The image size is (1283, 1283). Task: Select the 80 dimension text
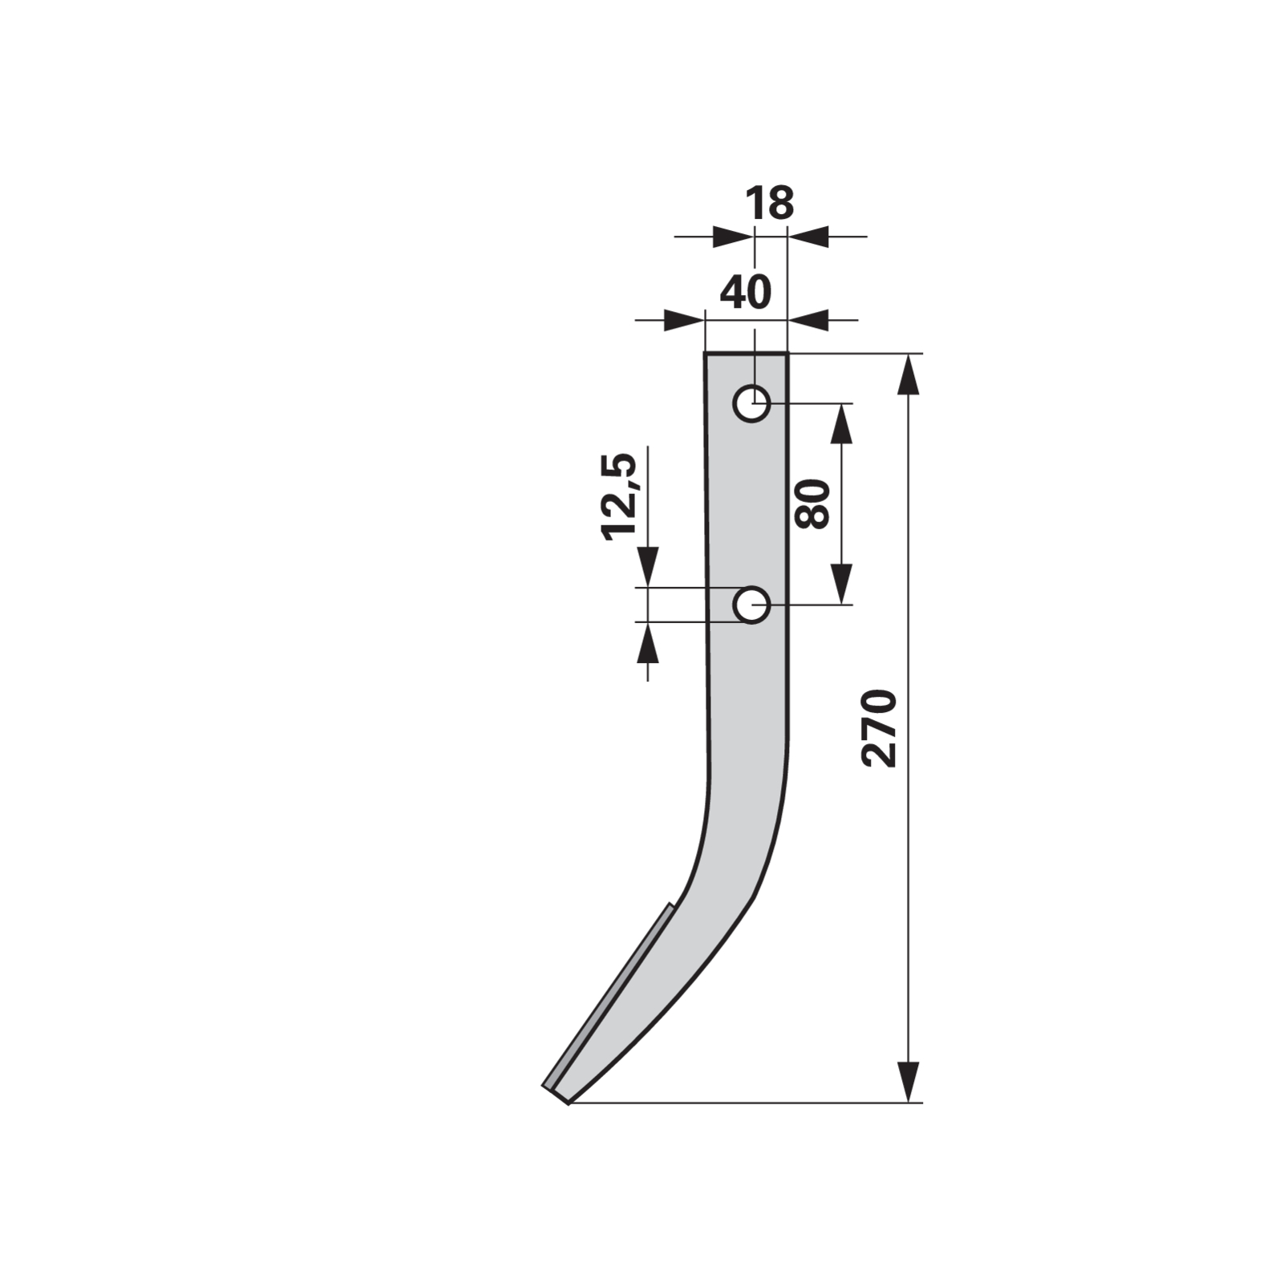click(x=812, y=504)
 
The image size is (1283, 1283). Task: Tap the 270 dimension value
click(x=878, y=727)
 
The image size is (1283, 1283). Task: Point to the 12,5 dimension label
click(x=619, y=496)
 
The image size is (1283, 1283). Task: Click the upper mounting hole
click(x=751, y=403)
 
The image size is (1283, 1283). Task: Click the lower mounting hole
click(x=751, y=605)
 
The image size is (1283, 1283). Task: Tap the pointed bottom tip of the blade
click(x=568, y=1103)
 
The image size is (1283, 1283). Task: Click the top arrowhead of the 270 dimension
click(x=908, y=374)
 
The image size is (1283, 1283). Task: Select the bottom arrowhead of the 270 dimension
click(x=908, y=1082)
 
